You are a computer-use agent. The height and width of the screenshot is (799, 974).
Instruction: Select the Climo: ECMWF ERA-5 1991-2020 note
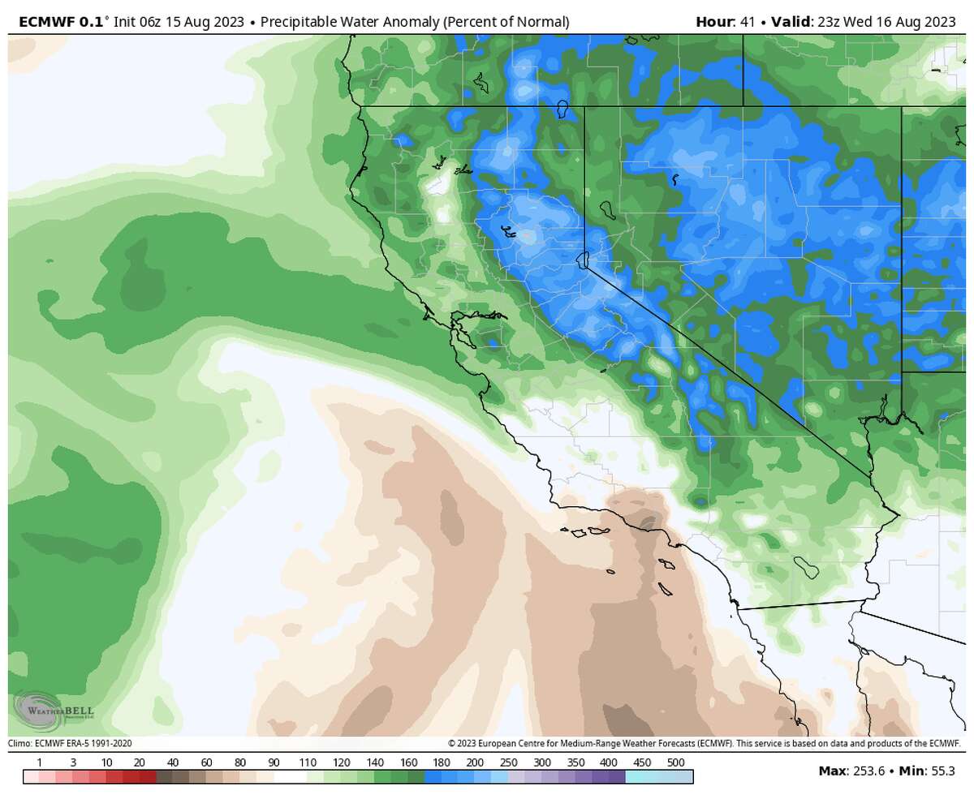click(x=70, y=743)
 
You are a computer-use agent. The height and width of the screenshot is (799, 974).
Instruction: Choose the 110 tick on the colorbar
click(x=307, y=762)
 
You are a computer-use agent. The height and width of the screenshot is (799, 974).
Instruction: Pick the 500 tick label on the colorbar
click(x=675, y=762)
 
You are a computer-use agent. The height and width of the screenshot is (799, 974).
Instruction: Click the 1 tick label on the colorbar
click(x=40, y=762)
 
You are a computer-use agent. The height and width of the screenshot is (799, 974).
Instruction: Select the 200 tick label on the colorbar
click(x=475, y=762)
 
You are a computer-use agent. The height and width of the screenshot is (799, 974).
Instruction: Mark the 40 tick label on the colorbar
click(x=173, y=762)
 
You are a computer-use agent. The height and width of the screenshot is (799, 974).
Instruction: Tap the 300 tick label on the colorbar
click(x=542, y=762)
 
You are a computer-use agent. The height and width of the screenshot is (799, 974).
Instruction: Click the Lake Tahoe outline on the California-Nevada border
click(x=581, y=260)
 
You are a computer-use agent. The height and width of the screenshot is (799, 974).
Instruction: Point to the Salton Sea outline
click(x=805, y=565)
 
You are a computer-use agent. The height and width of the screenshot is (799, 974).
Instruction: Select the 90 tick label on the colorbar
click(x=274, y=762)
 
